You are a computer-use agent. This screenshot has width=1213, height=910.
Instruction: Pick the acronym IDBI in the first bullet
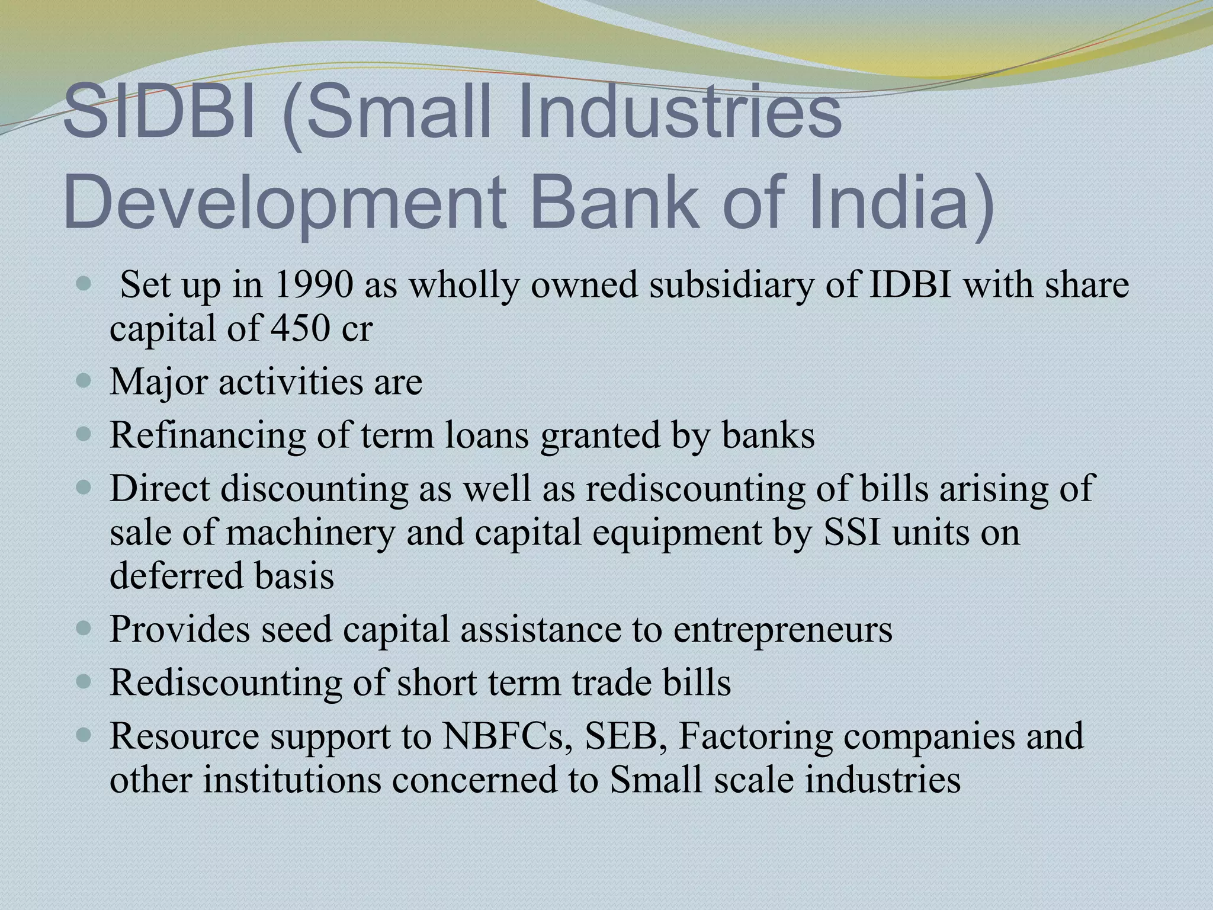click(x=910, y=285)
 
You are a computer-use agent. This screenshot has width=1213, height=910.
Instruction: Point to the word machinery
click(x=310, y=533)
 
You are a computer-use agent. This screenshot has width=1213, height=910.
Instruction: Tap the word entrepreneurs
click(x=782, y=630)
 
